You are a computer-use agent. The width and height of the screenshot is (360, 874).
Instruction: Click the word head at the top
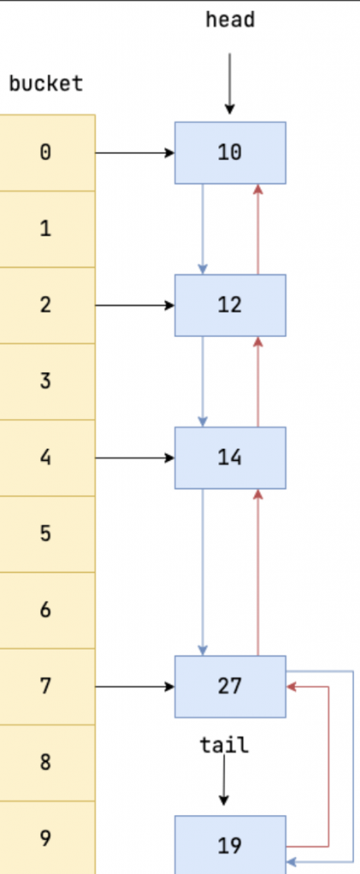(230, 20)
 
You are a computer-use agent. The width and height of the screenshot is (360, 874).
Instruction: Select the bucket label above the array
(46, 84)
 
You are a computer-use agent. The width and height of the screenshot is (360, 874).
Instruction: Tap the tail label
(224, 744)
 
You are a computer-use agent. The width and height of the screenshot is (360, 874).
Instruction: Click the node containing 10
(230, 153)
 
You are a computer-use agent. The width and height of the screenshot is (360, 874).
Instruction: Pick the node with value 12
(230, 306)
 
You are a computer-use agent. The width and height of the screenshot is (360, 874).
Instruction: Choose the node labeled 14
(230, 458)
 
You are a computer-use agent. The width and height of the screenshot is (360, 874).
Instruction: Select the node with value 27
(230, 687)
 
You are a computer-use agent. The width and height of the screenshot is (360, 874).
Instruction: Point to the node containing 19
(230, 845)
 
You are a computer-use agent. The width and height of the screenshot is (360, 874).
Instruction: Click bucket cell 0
(47, 153)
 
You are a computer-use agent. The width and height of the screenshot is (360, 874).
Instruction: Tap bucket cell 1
(47, 229)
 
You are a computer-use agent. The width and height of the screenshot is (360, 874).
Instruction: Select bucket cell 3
(47, 382)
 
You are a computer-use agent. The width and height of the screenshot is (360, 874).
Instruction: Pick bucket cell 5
(47, 534)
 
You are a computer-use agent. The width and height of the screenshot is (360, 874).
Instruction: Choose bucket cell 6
(47, 610)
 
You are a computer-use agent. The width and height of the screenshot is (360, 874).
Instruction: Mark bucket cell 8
(47, 763)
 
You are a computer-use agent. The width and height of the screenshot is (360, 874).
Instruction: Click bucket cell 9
(47, 838)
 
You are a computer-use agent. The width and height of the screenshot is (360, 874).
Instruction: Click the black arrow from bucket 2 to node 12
(136, 306)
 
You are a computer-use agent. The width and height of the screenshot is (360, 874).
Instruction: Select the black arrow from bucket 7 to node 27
(136, 687)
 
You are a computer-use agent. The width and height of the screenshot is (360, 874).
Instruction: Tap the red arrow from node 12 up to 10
(258, 229)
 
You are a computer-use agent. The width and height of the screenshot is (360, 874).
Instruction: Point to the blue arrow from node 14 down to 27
(203, 573)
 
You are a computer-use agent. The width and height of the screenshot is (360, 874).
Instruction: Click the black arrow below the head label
(229, 84)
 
